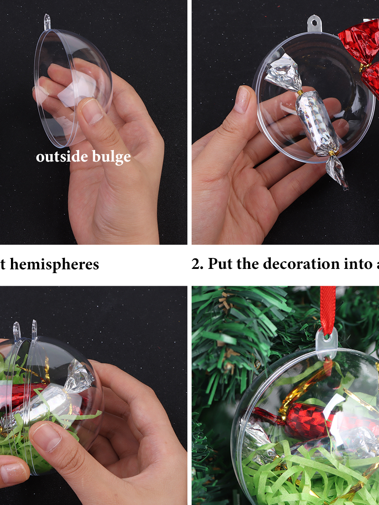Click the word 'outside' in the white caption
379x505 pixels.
click(x=62, y=157)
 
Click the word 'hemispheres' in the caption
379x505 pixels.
click(x=54, y=264)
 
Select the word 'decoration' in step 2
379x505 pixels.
click(x=301, y=263)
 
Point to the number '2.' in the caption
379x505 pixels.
click(x=198, y=264)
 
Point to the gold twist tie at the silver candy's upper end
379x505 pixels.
click(x=299, y=93)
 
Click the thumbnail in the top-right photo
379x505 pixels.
click(x=243, y=99)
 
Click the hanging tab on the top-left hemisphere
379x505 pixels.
click(x=47, y=22)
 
